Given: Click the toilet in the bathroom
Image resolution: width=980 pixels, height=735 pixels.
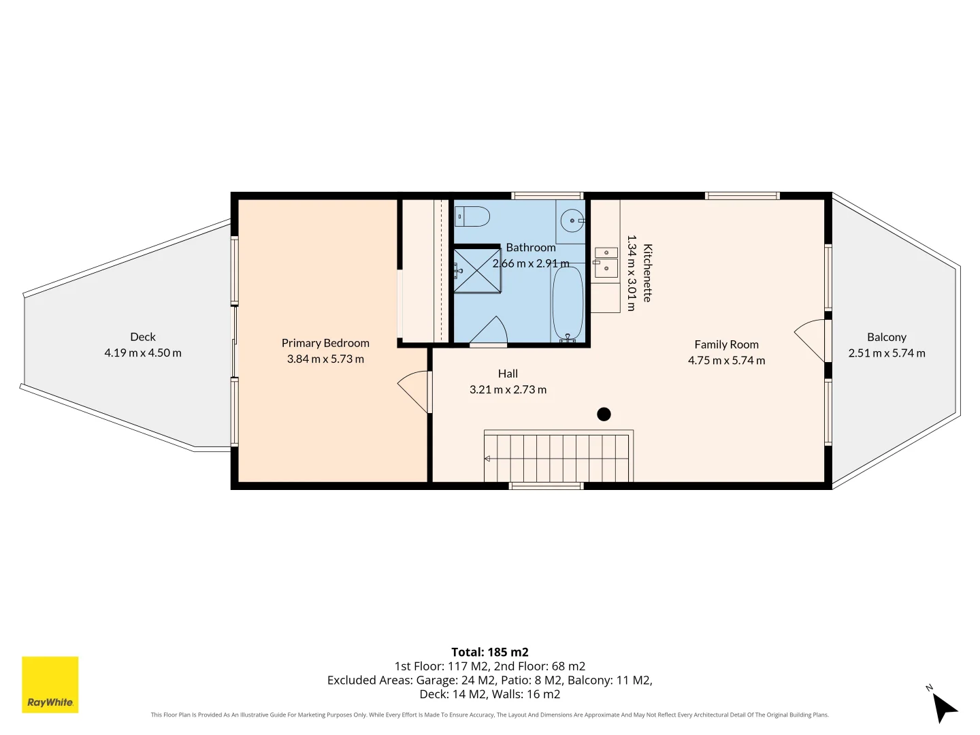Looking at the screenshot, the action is tap(472, 216).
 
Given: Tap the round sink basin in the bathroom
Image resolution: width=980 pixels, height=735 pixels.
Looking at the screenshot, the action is tap(572, 220).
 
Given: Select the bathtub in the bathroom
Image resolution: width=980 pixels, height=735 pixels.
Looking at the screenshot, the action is tap(568, 304).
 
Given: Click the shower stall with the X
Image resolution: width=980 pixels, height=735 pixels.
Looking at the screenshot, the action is tap(477, 270).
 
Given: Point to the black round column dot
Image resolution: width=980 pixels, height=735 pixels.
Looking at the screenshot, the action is tap(604, 414).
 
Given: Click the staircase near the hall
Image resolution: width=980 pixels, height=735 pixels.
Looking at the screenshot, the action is tap(558, 456).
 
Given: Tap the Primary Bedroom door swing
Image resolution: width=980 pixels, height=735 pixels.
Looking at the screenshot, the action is tap(414, 392).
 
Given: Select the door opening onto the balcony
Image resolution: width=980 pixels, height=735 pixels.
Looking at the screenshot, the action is tap(811, 340).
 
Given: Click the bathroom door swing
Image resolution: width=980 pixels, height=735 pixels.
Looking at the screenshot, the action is tap(489, 330).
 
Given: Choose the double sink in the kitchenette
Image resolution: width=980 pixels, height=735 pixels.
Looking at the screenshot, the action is tap(606, 263).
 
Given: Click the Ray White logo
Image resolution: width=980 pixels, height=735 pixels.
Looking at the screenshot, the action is tap(50, 684).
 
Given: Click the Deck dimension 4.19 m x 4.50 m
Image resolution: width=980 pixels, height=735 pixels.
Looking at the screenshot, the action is tap(143, 353).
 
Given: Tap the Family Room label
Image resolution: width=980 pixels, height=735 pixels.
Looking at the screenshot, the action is tap(726, 344).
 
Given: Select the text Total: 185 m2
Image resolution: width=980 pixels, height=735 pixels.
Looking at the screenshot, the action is tap(490, 652).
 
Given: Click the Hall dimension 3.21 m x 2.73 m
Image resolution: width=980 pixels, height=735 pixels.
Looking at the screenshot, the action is tap(508, 389).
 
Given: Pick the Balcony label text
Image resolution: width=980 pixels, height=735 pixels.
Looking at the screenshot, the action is tap(887, 338).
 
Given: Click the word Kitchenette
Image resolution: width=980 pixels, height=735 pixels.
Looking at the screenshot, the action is tap(647, 273).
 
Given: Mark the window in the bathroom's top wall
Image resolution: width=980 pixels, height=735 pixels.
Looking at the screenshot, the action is tap(547, 195).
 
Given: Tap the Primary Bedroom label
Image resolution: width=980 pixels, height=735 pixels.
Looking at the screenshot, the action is tap(325, 343).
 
